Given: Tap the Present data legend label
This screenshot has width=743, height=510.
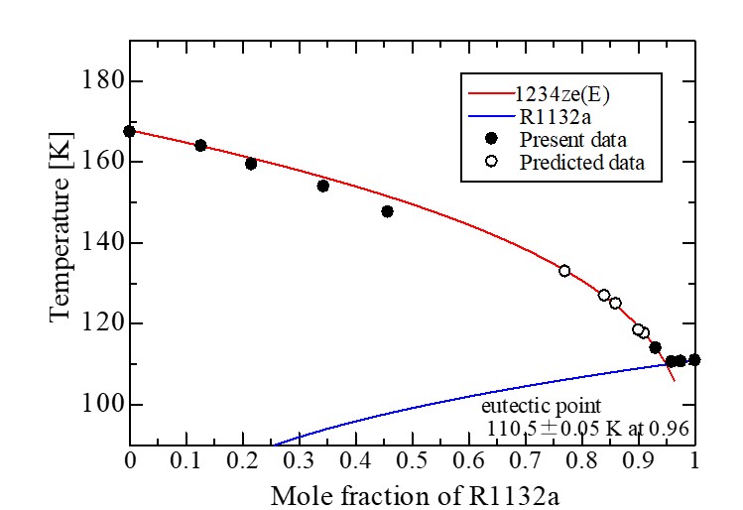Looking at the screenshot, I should tap(572, 139).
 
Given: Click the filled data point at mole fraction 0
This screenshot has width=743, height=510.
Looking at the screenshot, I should tap(130, 131).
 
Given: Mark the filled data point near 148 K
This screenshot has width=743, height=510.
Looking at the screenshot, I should tap(387, 211).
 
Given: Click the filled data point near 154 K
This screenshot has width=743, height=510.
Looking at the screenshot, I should tap(322, 186).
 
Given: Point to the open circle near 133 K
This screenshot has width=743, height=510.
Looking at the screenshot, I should tap(564, 271).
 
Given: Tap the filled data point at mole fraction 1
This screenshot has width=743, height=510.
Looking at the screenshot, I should tap(694, 360).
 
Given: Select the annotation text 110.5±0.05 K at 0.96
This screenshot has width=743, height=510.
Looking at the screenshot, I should tap(588, 429).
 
